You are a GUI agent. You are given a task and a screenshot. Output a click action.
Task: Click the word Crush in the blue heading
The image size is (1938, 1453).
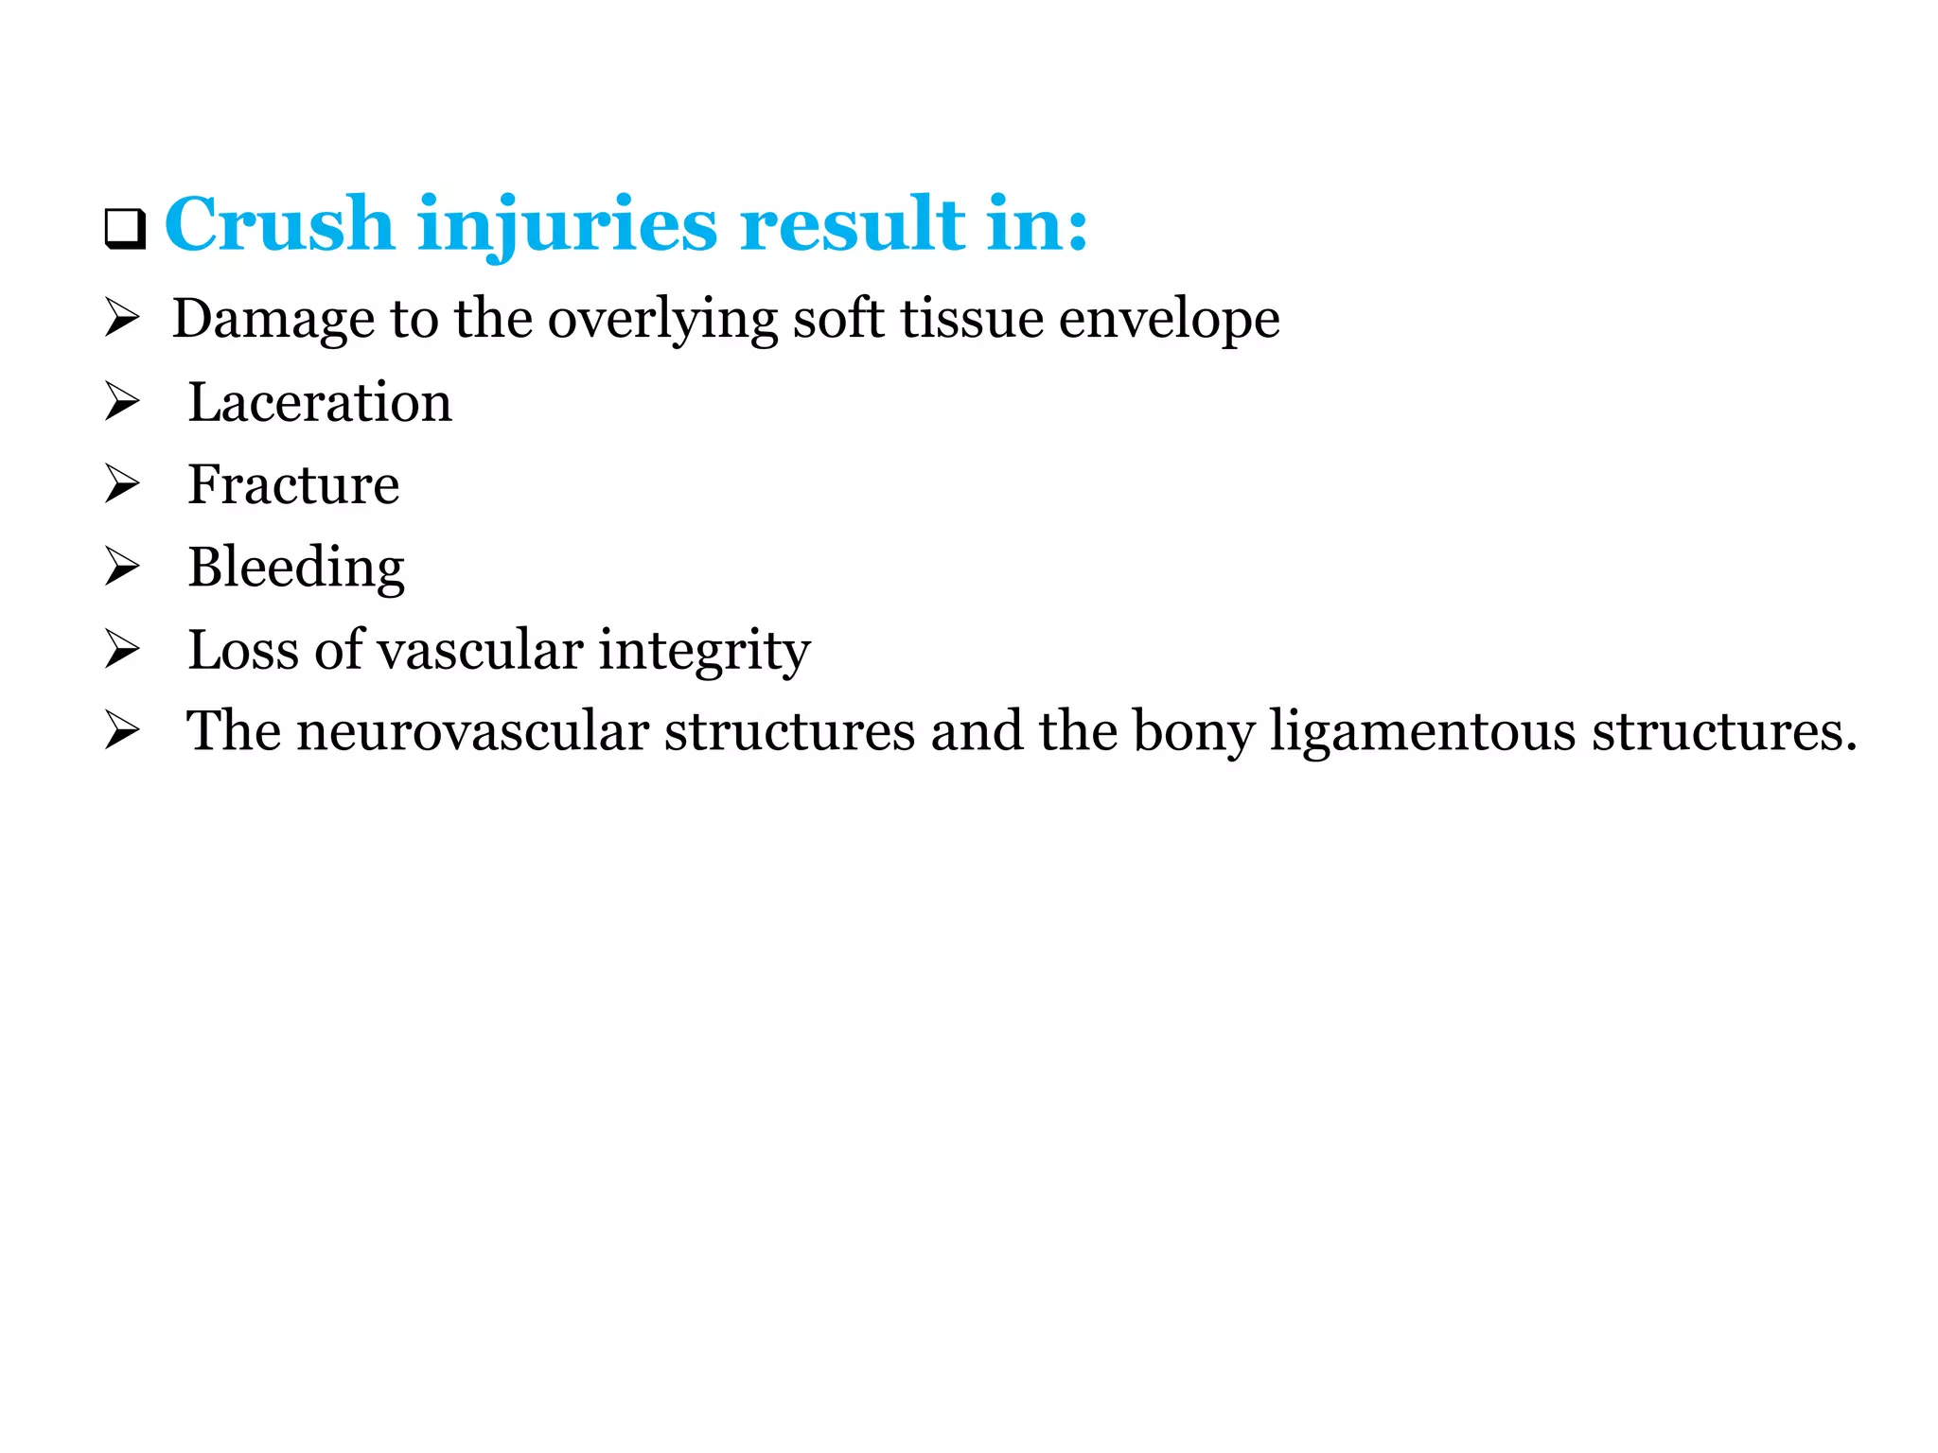tap(279, 224)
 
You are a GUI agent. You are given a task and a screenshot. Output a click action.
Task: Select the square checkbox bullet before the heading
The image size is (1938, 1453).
tap(125, 229)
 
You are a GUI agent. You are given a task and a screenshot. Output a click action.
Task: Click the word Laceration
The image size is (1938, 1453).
tap(320, 402)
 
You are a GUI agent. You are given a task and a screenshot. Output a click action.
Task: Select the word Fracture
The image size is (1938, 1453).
tap(293, 484)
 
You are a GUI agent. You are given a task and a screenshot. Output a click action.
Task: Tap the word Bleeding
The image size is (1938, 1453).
tap(296, 568)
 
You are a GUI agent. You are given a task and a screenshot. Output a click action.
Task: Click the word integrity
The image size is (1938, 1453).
tap(704, 650)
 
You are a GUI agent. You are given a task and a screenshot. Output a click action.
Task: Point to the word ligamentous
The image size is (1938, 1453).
tap(1422, 731)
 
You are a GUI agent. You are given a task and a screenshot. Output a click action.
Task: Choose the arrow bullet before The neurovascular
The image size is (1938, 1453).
tap(122, 730)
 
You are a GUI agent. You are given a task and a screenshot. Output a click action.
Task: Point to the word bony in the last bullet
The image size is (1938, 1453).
tap(1193, 731)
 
